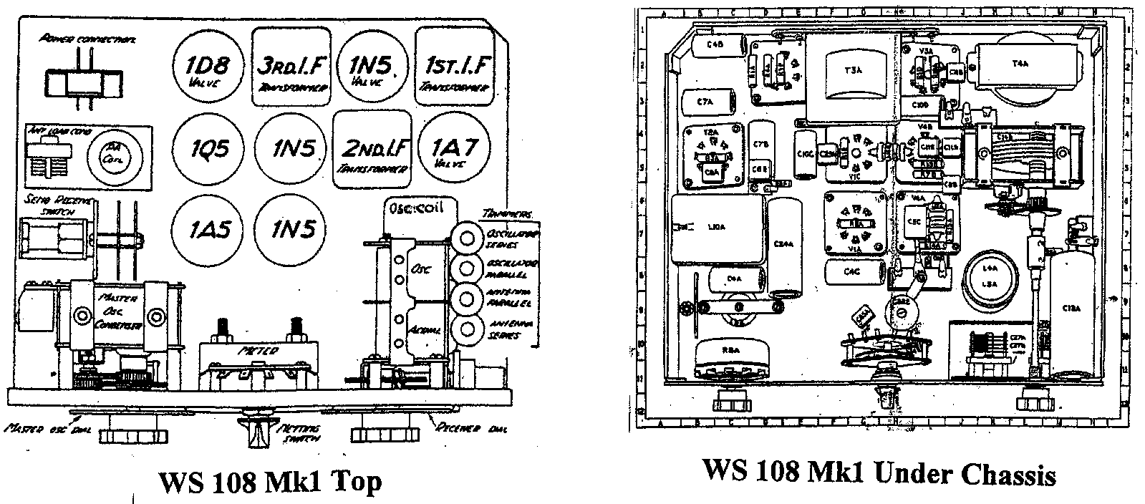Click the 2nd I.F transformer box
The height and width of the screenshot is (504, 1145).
click(x=374, y=149)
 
